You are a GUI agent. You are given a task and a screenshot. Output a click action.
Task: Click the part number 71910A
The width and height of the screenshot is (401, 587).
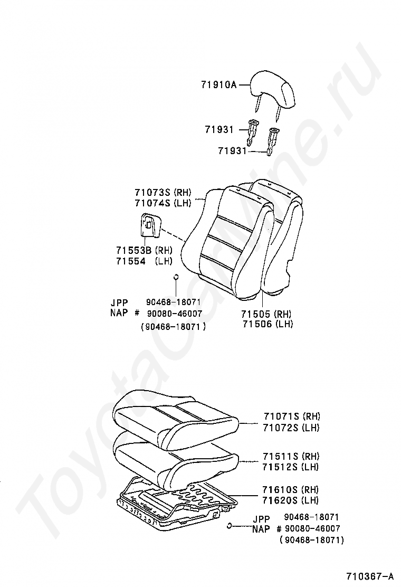click(218, 84)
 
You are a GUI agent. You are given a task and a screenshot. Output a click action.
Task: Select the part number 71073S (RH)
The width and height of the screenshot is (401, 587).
click(163, 193)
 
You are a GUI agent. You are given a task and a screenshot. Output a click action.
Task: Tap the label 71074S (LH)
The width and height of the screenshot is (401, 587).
click(163, 203)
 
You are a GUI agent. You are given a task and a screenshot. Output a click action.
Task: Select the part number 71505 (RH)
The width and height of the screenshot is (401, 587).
click(268, 313)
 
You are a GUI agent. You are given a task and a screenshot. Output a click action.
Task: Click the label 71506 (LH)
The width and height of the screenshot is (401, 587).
click(268, 324)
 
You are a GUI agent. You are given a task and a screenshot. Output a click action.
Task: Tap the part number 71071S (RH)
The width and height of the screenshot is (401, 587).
click(291, 416)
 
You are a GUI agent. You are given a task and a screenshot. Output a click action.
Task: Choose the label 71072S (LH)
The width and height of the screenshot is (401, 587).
click(291, 428)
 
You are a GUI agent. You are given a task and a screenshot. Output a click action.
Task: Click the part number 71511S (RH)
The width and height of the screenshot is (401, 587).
click(291, 456)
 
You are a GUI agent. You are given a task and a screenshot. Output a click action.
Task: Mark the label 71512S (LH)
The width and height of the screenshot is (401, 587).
click(291, 467)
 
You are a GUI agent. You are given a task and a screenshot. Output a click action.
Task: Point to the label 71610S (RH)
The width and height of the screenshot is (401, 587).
click(291, 490)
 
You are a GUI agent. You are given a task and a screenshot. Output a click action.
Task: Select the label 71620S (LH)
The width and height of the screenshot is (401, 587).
click(291, 500)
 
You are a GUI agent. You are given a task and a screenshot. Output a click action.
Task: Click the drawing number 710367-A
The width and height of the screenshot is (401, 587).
click(370, 575)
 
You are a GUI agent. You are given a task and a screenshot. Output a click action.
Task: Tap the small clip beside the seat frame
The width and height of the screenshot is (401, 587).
click(230, 525)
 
